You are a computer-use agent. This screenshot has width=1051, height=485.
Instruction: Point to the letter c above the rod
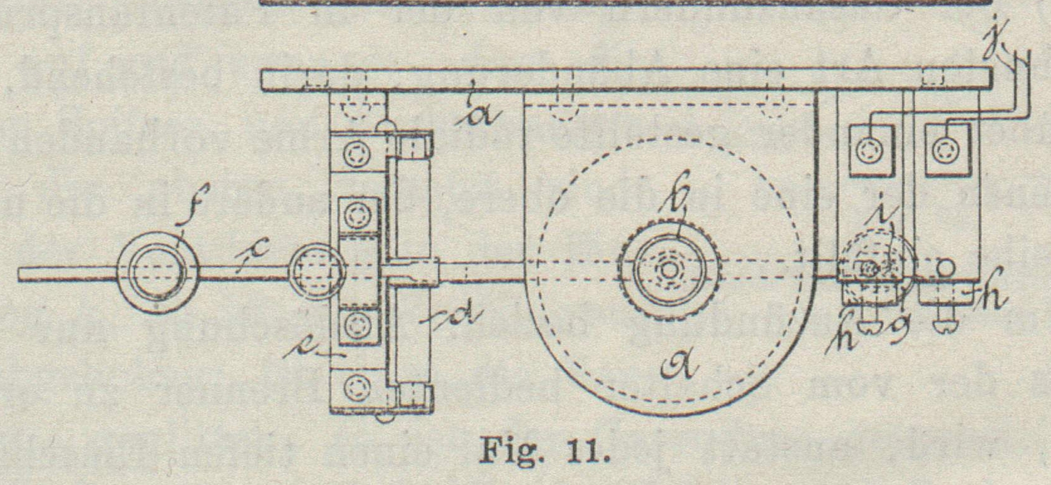coord(255,251)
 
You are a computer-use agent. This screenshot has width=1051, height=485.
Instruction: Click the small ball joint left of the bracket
coord(317,272)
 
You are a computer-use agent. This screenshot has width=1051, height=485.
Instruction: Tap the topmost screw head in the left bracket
coord(356,153)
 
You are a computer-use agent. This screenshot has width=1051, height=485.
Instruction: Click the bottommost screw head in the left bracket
coord(357,385)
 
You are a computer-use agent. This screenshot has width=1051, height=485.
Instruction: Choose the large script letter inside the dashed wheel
coord(679,364)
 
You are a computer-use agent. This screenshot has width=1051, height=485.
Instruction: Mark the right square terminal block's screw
coord(944,150)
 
